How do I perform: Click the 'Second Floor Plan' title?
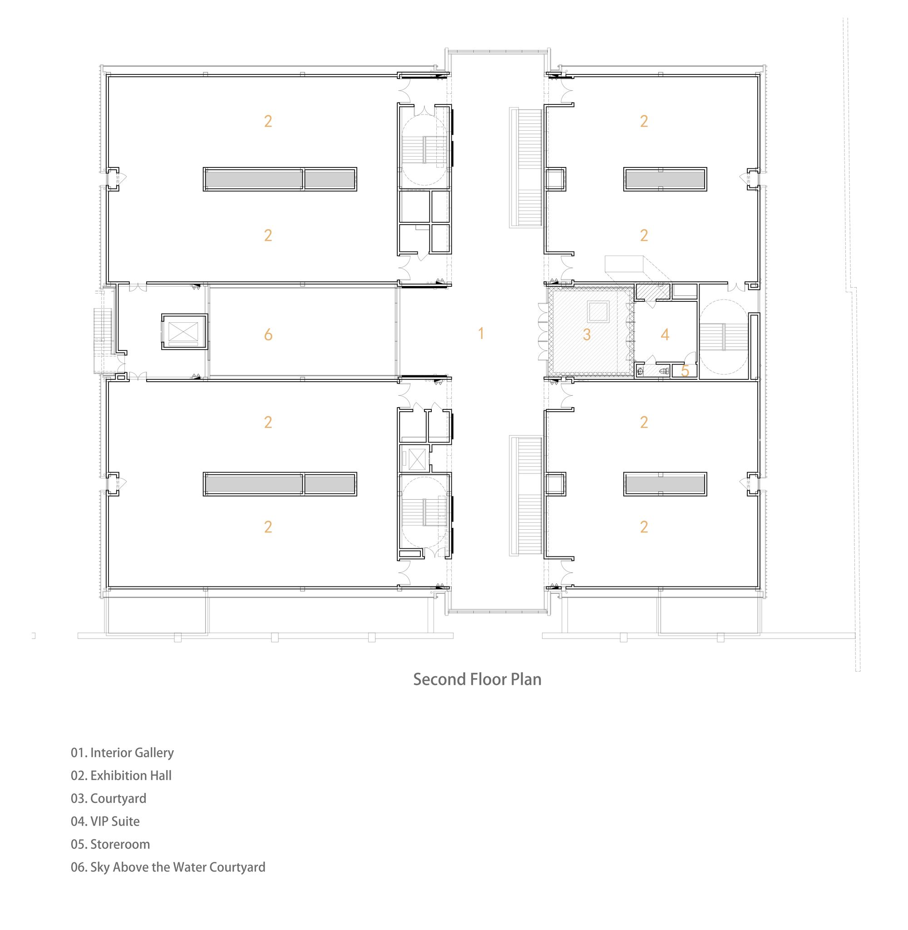(477, 679)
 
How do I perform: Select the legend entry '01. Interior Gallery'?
(122, 753)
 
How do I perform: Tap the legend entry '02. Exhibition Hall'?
(121, 776)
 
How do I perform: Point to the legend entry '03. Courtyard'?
(108, 798)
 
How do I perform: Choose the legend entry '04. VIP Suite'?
(105, 822)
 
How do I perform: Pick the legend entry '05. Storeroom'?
(110, 844)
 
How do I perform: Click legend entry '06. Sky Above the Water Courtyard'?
(168, 867)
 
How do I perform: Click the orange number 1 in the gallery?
(481, 334)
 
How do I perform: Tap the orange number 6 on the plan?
(268, 335)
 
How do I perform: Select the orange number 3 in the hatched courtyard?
(587, 335)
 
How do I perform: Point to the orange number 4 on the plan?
(665, 335)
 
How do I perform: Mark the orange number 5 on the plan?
(685, 371)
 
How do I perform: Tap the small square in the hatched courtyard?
(598, 312)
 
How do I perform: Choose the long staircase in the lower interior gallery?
(527, 496)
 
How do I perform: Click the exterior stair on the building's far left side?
(103, 340)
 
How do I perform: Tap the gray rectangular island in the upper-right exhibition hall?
(665, 179)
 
